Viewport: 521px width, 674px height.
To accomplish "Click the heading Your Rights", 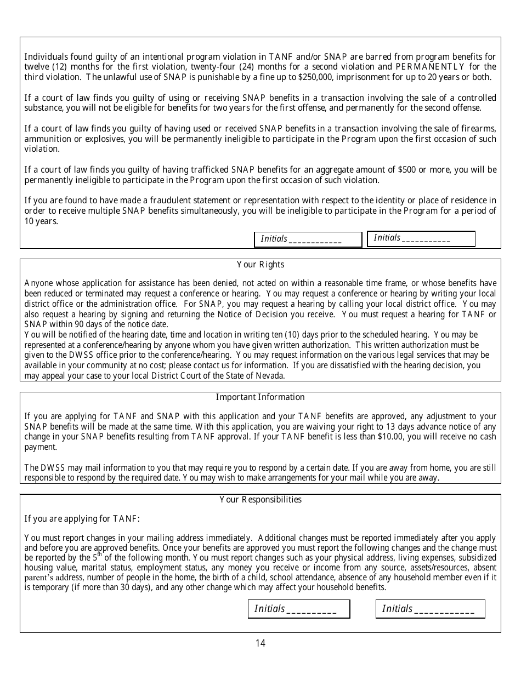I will (x=260, y=265).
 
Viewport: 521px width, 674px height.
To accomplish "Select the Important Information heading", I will (x=260, y=397).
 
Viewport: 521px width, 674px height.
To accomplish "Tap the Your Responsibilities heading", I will (x=260, y=500).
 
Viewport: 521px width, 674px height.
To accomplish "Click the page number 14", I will (x=260, y=643).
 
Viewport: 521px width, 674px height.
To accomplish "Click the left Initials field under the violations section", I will (x=308, y=239).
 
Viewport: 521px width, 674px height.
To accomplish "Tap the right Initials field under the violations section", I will (x=421, y=238).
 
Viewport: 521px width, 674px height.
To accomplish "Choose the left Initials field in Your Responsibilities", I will (x=299, y=609).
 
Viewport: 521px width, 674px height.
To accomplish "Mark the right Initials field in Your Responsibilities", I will (x=431, y=609).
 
